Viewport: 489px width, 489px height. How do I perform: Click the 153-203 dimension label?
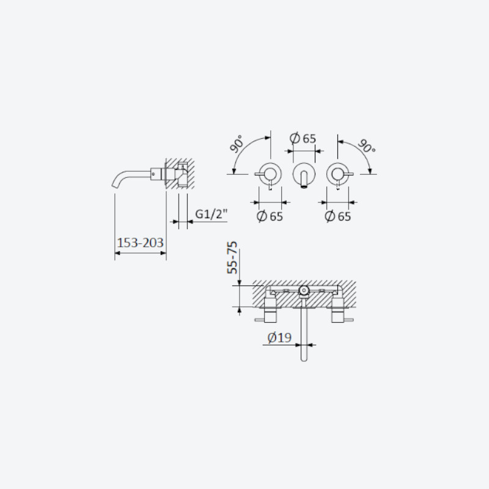point(141,243)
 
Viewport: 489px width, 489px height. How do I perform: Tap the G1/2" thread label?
point(211,214)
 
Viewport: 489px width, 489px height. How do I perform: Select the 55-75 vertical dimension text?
point(232,257)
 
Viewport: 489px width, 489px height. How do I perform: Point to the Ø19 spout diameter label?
point(279,337)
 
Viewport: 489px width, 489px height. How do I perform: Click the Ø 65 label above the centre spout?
point(303,138)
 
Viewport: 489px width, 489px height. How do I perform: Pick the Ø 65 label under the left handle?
point(270,216)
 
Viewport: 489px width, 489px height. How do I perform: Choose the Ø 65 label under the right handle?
point(338,216)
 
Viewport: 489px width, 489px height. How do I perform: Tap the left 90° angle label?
point(237,144)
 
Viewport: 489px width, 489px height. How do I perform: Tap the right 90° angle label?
point(366,146)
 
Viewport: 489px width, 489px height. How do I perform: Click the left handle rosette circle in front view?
point(270,163)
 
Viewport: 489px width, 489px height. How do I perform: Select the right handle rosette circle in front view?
point(338,163)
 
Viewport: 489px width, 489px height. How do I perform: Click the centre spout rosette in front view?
point(304,163)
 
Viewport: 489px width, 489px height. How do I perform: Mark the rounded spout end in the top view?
point(304,359)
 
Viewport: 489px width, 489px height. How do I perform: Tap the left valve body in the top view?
point(270,310)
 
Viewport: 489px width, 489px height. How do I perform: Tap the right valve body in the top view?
point(338,310)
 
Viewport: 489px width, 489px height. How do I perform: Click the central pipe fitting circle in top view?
point(304,290)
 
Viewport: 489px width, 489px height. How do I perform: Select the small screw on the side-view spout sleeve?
point(153,174)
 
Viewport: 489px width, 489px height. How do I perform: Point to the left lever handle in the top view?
point(259,320)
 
